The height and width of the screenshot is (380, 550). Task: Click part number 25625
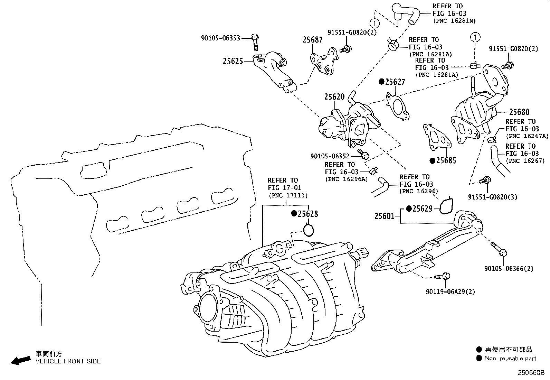coord(233,61)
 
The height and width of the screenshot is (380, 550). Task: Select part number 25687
coord(312,40)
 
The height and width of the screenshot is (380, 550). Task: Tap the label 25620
coord(334,97)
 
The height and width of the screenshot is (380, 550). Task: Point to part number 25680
coord(519,112)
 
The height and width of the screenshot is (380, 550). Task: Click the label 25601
coord(384,216)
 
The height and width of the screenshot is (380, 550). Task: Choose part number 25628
coord(308,214)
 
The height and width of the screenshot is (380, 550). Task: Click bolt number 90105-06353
coord(220,38)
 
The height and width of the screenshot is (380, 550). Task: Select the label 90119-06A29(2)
coord(450,291)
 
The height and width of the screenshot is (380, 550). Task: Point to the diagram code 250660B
coord(531,373)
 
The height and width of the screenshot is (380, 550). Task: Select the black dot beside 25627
coord(381,82)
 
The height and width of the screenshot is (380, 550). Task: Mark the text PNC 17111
coord(288,195)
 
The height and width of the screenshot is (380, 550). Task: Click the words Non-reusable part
coord(511,359)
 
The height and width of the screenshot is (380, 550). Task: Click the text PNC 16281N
coord(454,21)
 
